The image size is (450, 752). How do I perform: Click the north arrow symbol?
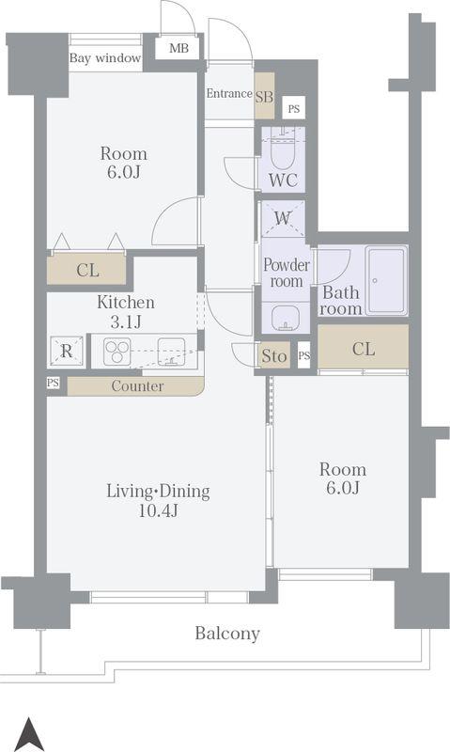coord(29,734)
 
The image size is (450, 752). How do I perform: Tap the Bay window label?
coord(105,58)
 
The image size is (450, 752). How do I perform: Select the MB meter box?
coord(178,48)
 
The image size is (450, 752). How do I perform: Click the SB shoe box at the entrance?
coord(264,97)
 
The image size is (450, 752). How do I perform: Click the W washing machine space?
coord(283,219)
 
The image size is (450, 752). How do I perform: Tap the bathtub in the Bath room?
coord(386,280)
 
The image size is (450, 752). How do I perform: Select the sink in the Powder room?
coord(286,317)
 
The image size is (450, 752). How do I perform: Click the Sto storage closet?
coord(274,356)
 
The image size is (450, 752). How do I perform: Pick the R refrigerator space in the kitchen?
coord(67,352)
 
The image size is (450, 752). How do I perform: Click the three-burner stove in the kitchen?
coord(117,351)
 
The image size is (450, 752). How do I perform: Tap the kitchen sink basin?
coord(172,352)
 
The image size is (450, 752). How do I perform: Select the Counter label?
coord(137,386)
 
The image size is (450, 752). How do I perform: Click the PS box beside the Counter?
coord(54,384)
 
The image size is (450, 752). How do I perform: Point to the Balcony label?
coord(227,633)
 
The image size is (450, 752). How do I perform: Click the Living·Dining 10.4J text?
coord(158,501)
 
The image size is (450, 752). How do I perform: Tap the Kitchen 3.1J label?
coord(126,312)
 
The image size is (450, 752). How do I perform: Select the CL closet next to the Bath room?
coord(364,349)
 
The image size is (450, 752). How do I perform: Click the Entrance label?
coord(229,93)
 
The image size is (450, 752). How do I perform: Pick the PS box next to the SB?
coord(294,108)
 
